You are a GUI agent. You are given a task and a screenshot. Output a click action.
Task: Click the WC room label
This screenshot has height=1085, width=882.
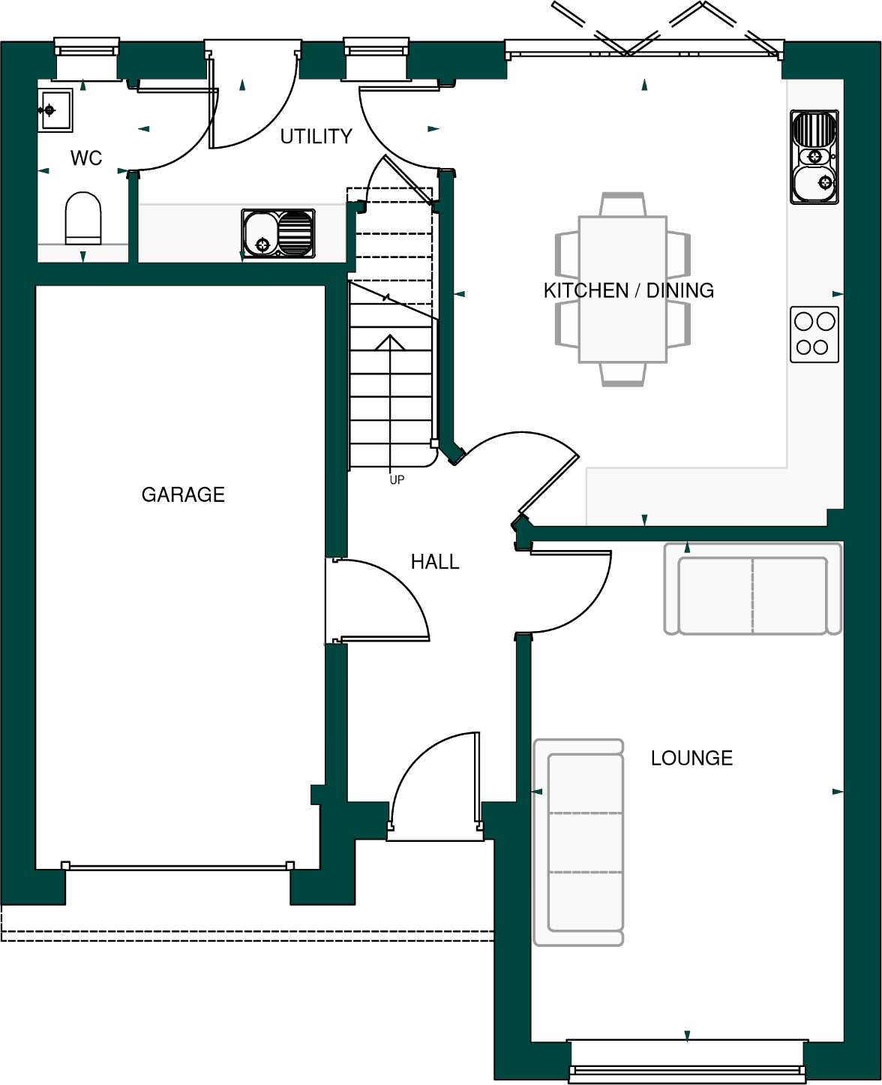pos(86,158)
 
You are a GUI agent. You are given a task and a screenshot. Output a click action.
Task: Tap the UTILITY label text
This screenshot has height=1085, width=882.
pos(316,137)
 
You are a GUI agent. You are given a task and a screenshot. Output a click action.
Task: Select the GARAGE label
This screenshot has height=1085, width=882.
pos(183,494)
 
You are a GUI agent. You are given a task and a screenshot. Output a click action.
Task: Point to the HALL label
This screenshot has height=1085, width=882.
pos(435,561)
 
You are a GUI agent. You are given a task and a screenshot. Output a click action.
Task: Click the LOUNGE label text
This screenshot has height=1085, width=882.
pos(691,758)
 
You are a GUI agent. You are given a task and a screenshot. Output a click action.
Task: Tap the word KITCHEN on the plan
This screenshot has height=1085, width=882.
pos(586,290)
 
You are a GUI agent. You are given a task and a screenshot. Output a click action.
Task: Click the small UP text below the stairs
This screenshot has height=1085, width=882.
pos(397,480)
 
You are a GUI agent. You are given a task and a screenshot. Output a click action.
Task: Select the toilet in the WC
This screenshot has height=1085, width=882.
pos(83,218)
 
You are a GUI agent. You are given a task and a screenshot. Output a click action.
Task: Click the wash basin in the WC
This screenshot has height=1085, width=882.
pos(55,110)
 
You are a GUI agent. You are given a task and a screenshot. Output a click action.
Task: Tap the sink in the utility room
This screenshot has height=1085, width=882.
pos(277,233)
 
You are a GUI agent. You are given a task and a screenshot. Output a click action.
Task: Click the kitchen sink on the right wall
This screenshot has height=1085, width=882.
pos(814,157)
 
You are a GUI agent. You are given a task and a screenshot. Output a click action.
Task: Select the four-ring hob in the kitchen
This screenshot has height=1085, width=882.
pos(814,334)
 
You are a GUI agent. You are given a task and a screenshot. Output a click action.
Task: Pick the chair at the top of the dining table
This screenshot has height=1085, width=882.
pos(622,205)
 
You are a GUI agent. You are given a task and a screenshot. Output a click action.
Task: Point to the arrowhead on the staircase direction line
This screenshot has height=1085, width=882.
pos(390,342)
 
